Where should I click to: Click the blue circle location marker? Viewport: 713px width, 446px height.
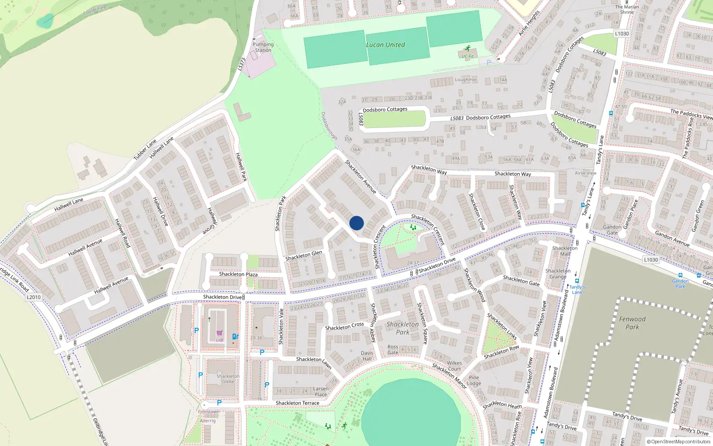click(356, 223)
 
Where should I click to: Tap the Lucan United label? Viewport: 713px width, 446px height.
click(385, 45)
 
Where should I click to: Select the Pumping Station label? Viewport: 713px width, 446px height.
click(263, 47)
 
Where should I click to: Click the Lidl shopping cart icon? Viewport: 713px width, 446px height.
click(219, 333)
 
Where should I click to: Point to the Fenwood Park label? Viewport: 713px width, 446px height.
click(632, 323)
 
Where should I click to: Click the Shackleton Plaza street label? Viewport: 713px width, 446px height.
click(238, 274)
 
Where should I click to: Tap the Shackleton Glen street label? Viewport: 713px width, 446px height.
click(303, 256)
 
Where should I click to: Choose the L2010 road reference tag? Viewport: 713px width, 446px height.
click(33, 297)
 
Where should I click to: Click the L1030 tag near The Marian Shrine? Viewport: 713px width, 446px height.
click(622, 33)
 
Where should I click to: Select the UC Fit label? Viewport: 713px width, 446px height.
click(467, 57)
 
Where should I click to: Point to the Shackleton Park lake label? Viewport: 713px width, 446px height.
click(402, 328)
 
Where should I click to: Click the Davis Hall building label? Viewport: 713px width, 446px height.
click(367, 356)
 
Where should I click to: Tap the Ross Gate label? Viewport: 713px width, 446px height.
click(393, 350)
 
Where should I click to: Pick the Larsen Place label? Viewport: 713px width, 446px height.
click(321, 392)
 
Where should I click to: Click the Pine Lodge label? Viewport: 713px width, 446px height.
click(474, 380)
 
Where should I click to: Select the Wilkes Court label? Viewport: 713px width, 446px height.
click(455, 366)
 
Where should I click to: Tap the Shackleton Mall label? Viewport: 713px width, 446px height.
click(565, 251)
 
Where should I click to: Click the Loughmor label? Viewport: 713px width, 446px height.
click(466, 80)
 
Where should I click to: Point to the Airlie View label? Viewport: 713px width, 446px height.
click(585, 173)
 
